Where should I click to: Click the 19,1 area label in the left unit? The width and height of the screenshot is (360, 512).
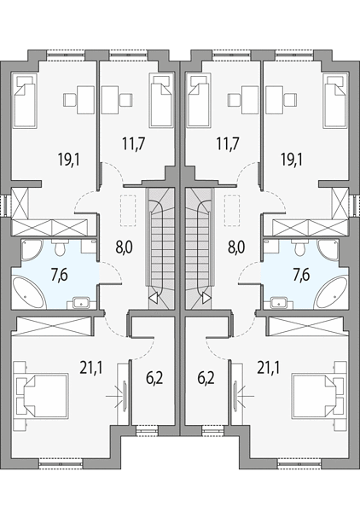tap(69, 160)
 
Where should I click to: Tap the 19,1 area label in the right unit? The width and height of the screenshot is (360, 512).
tap(292, 160)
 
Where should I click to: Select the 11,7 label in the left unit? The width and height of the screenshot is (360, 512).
tap(134, 143)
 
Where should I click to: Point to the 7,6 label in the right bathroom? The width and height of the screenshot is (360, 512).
tap(301, 275)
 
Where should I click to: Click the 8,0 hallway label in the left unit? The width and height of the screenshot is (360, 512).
tap(124, 247)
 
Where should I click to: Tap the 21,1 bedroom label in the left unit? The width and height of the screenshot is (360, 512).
tap(91, 369)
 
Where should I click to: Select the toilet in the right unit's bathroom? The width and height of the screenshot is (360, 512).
tap(300, 247)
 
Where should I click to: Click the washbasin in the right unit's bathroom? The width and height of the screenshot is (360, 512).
tap(278, 302)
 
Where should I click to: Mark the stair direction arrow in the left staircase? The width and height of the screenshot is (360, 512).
tap(153, 297)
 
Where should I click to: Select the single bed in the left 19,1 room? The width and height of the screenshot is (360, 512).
tap(24, 100)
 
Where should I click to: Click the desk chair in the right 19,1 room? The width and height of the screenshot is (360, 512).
tap(290, 100)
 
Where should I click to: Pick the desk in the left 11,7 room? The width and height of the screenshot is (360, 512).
tap(110, 100)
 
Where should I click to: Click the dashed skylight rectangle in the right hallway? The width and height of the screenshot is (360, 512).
tap(231, 211)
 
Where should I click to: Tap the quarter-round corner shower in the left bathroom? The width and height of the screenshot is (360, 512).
tap(31, 249)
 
